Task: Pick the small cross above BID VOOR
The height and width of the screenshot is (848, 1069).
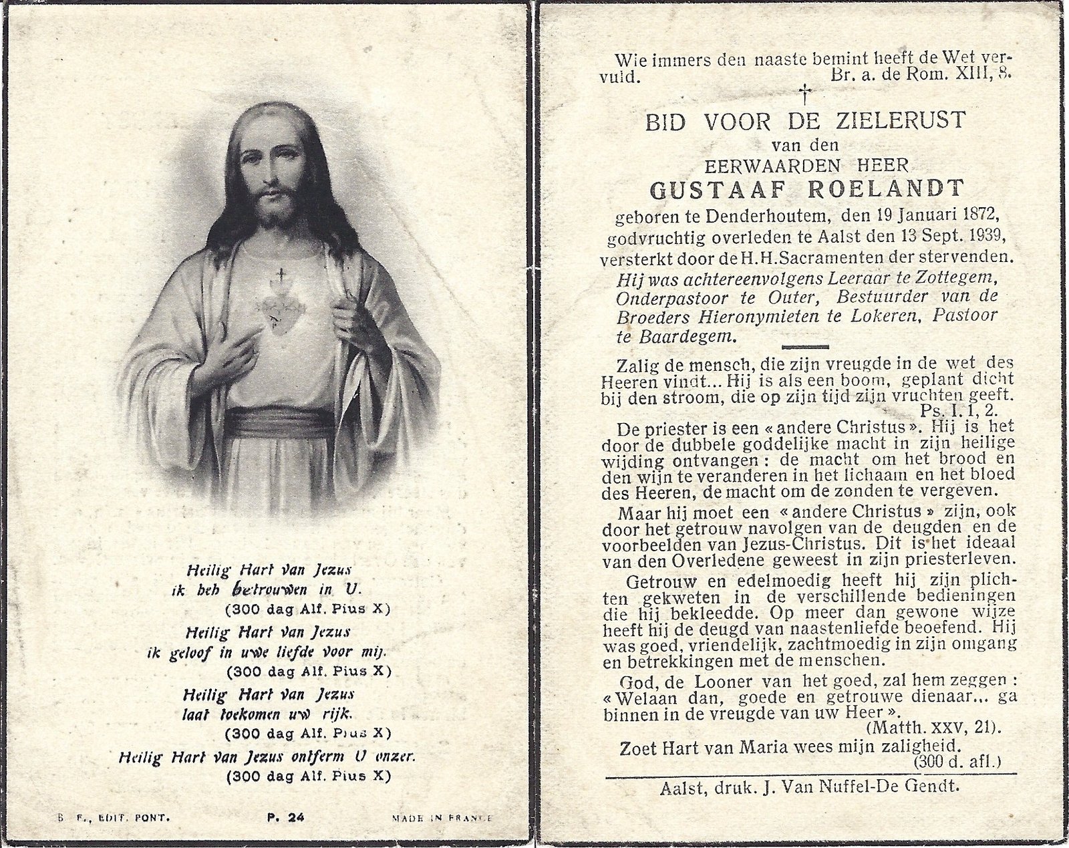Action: point(806,93)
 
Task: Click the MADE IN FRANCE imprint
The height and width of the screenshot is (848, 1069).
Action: point(442,817)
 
